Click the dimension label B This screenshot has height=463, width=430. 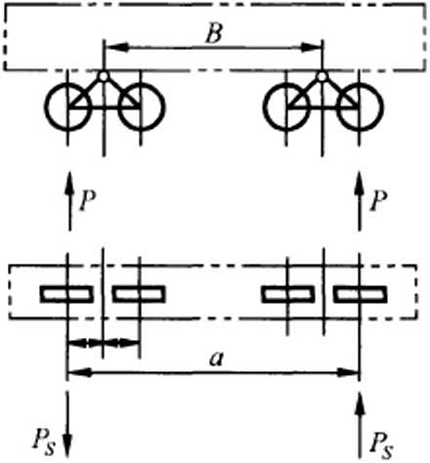214,33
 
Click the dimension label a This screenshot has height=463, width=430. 217,359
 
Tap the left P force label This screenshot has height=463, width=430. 88,200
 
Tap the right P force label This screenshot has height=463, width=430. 378,200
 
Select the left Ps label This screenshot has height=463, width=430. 44,443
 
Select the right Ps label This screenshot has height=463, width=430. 381,444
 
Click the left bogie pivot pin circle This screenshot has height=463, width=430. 104,76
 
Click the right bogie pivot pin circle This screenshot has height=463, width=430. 322,76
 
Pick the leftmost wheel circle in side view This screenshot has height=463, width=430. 46,106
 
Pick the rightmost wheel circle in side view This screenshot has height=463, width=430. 382,106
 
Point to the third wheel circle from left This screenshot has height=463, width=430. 264,106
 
